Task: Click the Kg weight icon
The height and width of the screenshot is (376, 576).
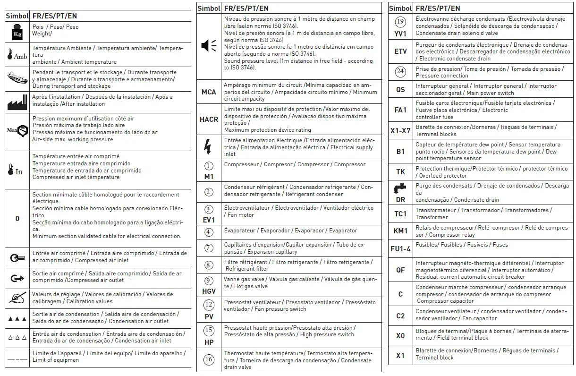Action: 17,31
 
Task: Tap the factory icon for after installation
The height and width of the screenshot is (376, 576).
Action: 17,101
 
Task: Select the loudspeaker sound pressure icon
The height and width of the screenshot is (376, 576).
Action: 209,45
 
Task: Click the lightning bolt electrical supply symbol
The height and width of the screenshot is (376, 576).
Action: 208,147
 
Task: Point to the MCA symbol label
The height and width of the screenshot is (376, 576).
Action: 209,92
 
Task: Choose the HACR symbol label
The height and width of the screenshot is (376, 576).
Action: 209,120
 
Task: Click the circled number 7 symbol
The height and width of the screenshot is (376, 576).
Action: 209,248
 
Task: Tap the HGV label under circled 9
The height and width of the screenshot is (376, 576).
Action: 209,291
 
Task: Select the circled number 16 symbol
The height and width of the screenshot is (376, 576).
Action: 209,359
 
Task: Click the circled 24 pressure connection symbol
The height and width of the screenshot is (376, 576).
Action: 400,72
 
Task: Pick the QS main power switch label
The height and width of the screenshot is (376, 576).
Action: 400,89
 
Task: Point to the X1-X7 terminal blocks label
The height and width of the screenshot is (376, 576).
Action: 400,130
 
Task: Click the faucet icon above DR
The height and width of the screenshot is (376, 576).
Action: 400,189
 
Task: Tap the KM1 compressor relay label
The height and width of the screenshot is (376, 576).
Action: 400,231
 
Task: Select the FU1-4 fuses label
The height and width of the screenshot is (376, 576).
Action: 400,248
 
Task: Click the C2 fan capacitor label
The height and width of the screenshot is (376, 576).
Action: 400,316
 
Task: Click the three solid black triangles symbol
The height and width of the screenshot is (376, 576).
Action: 17,319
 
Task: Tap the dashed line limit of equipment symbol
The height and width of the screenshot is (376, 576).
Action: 17,360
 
